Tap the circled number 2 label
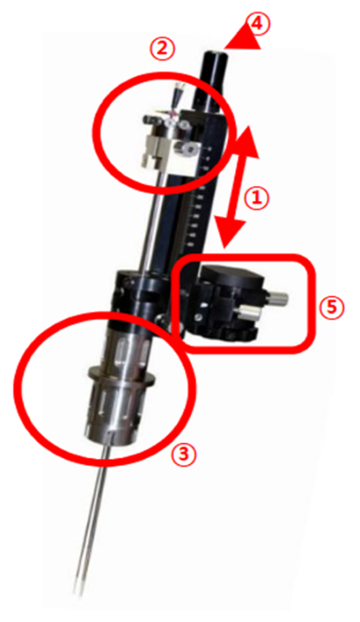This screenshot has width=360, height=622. pyautogui.click(x=161, y=50)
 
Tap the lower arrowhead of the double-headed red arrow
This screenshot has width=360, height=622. pyautogui.click(x=229, y=233)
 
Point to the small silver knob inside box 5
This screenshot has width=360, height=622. pyautogui.click(x=280, y=298)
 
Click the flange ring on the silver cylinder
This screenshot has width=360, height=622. pyautogui.click(x=121, y=376)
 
